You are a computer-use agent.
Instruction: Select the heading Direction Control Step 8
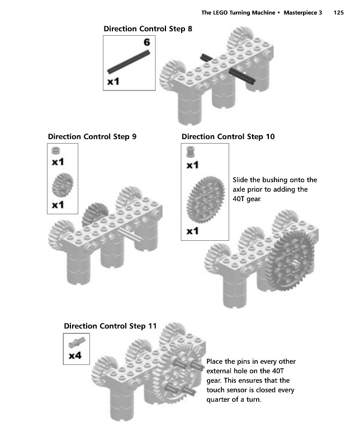148,29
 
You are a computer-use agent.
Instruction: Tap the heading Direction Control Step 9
92,136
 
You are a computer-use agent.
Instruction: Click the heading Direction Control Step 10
228,136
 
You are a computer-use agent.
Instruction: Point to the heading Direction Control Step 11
110,326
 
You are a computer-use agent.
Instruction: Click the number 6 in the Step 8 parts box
146,42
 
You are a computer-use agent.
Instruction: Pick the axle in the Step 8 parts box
129,61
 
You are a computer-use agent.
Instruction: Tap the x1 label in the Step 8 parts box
113,82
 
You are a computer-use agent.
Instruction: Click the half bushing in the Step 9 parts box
55,151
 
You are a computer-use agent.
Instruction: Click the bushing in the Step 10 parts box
191,151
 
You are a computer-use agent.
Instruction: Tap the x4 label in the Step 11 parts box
75,355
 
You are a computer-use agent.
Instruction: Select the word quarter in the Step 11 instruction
221,400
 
